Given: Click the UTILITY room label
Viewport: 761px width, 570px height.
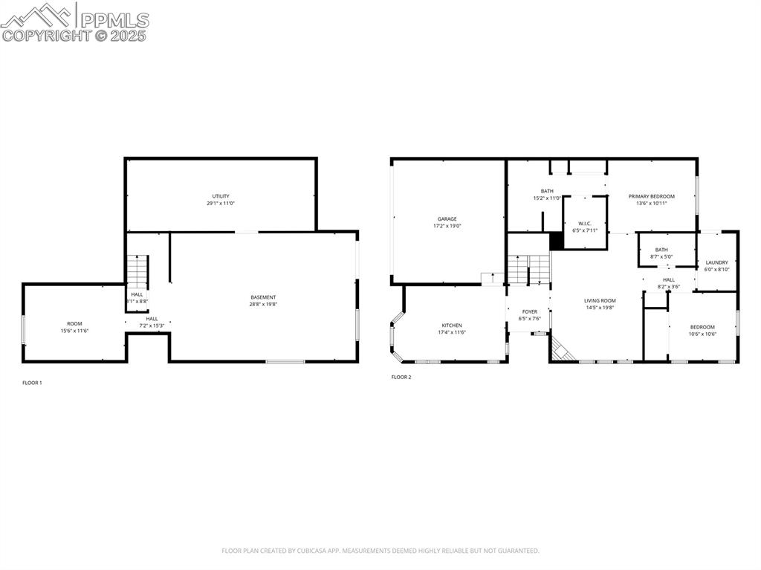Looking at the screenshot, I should click(x=221, y=196).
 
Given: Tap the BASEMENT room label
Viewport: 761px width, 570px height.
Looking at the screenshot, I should click(x=263, y=297).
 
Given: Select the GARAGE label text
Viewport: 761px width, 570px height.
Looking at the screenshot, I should click(x=447, y=218).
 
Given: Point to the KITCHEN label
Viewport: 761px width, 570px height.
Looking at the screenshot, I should click(x=451, y=326).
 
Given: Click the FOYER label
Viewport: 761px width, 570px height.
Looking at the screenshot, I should click(x=529, y=312).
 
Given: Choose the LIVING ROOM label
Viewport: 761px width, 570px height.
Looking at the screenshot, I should click(x=600, y=300).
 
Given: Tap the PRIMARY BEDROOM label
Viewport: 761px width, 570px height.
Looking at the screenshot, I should click(x=651, y=196).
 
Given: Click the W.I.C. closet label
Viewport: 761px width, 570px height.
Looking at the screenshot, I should click(x=585, y=223).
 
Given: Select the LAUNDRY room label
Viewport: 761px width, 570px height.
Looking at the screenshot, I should click(x=716, y=262).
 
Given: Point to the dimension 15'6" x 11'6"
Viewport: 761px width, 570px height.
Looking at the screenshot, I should click(x=74, y=331).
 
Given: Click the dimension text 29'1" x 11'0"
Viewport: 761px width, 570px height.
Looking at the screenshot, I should click(x=221, y=203).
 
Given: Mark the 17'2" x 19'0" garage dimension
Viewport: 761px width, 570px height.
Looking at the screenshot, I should click(x=447, y=226).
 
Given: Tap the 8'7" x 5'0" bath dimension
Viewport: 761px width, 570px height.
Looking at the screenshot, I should click(x=661, y=256).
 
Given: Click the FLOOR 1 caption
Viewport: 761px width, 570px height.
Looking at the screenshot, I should click(x=32, y=383).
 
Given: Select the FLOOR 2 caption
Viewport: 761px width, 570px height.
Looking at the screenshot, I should click(x=401, y=377).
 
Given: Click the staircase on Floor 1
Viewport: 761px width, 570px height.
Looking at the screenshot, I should click(x=137, y=271).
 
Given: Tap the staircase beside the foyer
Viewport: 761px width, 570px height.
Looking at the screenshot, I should click(x=528, y=268).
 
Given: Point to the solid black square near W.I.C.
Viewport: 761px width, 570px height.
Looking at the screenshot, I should click(x=556, y=242).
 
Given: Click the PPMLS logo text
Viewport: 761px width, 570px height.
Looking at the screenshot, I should click(x=114, y=20).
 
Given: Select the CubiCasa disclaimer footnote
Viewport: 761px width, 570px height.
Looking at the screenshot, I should click(x=380, y=551).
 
